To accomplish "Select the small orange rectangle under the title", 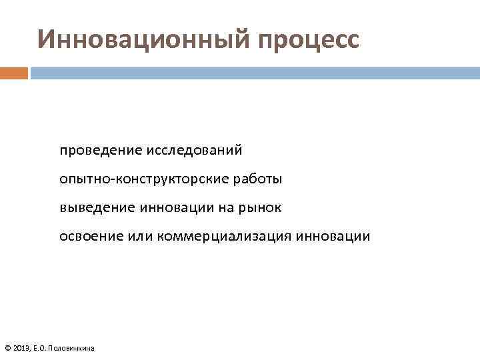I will coord(14,73).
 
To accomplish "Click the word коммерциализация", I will coord(225,237).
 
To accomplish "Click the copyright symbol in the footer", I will coord(7,348).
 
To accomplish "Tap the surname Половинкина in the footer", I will coord(73,348).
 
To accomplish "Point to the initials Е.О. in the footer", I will coord(41,348).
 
